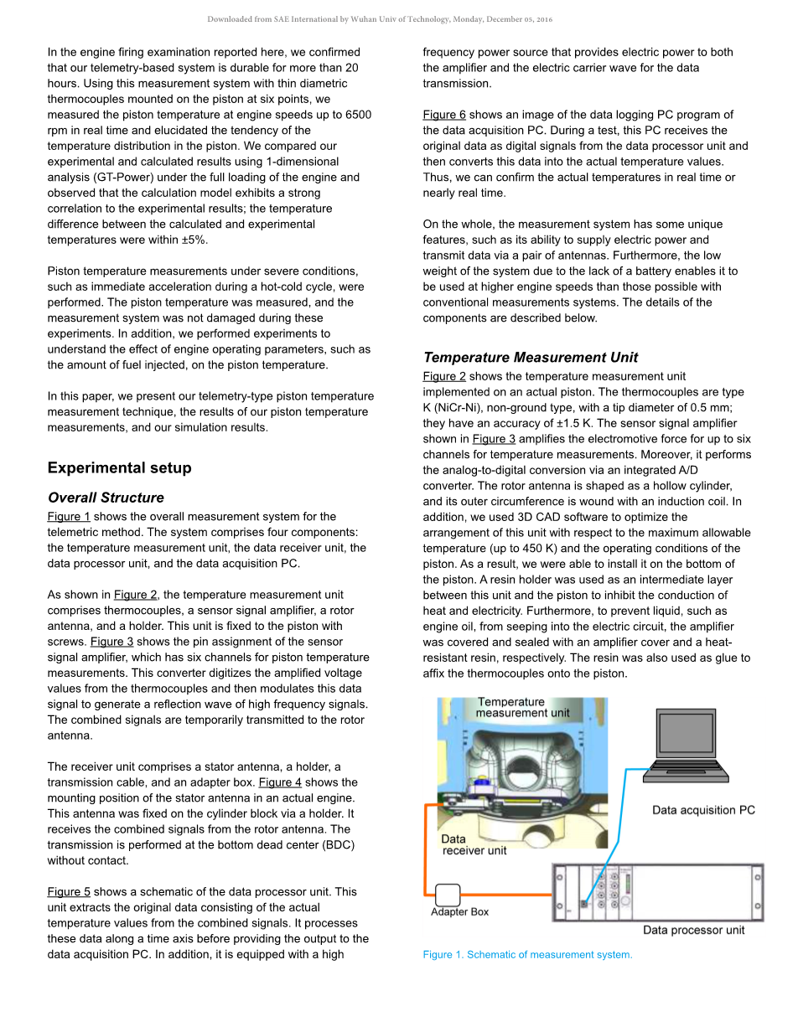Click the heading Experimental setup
tap(119, 468)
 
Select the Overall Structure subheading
tap(106, 498)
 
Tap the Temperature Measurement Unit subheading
tap(531, 358)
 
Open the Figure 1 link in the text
tap(69, 517)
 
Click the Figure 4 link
tap(280, 782)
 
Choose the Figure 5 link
tap(69, 892)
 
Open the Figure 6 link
tap(444, 115)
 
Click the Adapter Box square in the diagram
tap(448, 895)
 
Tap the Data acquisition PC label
tap(703, 810)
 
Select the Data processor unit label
tap(693, 930)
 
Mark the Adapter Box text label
tap(459, 912)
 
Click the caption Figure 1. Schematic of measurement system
tap(527, 955)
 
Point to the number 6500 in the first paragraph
tap(355, 115)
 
